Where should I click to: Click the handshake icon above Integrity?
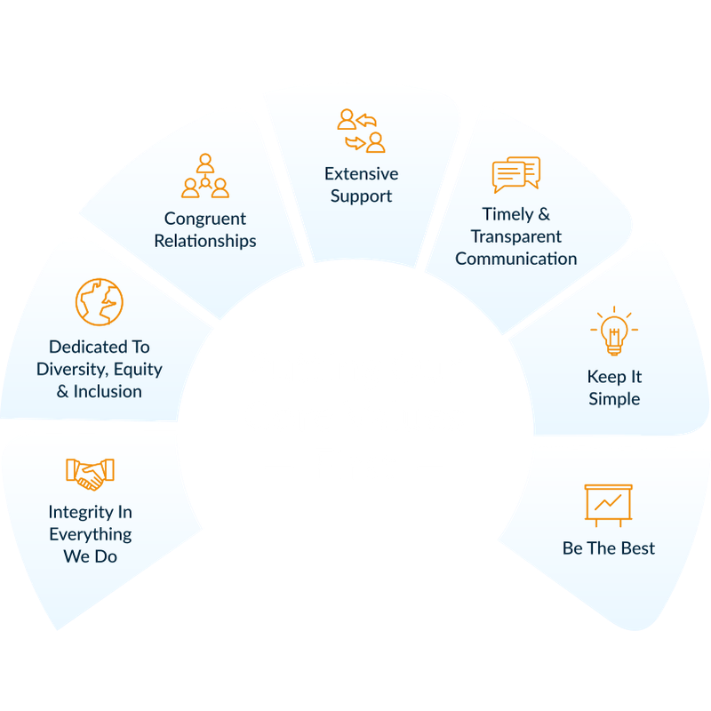pyautogui.click(x=90, y=475)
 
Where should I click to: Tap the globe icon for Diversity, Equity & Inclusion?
pyautogui.click(x=100, y=302)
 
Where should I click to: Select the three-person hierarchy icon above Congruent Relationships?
pyautogui.click(x=205, y=176)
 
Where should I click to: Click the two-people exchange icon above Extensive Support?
pyautogui.click(x=362, y=131)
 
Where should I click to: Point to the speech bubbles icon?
pyautogui.click(x=516, y=174)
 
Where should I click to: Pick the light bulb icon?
pyautogui.click(x=614, y=331)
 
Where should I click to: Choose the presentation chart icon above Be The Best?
pyautogui.click(x=608, y=506)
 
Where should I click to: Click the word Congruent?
pyautogui.click(x=205, y=219)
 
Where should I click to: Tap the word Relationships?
pyautogui.click(x=205, y=241)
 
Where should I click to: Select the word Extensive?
pyautogui.click(x=362, y=173)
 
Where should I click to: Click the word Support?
pyautogui.click(x=362, y=196)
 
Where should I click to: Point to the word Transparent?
pyautogui.click(x=516, y=237)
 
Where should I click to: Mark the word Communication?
pyautogui.click(x=516, y=259)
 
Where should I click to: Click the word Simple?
pyautogui.click(x=614, y=399)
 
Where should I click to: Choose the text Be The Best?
pyautogui.click(x=609, y=548)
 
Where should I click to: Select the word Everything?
pyautogui.click(x=91, y=535)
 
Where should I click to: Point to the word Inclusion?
pyautogui.click(x=108, y=391)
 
